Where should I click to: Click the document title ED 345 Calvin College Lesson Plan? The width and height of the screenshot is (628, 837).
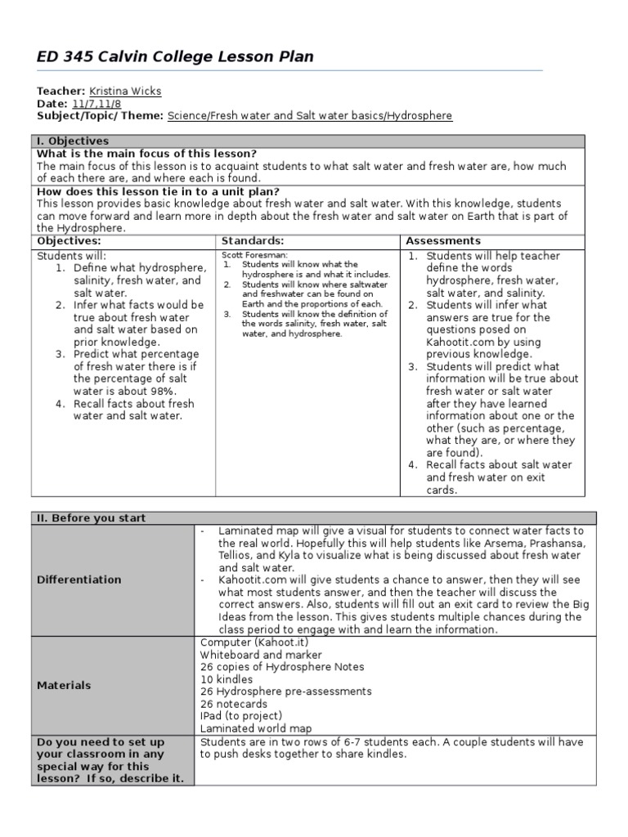(x=175, y=56)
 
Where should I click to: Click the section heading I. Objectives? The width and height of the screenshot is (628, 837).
(x=73, y=141)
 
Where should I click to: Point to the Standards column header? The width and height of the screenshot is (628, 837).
(x=253, y=241)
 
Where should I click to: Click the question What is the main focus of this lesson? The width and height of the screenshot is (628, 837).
(x=147, y=154)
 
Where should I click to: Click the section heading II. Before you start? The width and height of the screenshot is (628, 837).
(x=90, y=518)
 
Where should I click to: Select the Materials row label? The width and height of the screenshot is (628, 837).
(x=62, y=685)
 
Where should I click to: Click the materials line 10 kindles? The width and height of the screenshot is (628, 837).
(x=227, y=679)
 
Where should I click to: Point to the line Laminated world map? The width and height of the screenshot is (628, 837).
(x=255, y=728)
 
